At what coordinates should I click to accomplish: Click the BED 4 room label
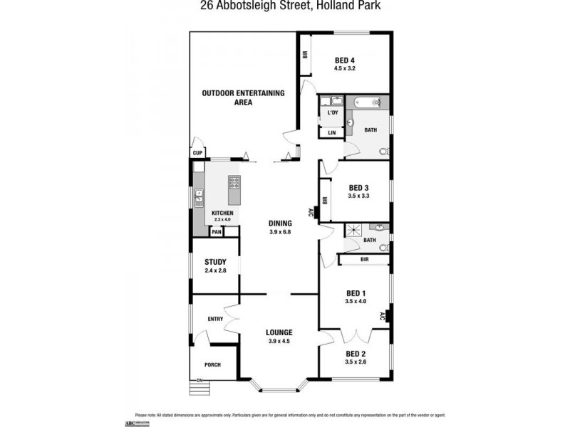click(x=345, y=60)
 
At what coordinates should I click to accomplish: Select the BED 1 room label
click(x=356, y=293)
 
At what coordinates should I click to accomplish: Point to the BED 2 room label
click(x=356, y=354)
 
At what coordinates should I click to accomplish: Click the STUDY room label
click(x=215, y=262)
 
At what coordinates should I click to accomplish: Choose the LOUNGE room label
click(x=280, y=332)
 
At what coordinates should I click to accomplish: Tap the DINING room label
click(x=280, y=223)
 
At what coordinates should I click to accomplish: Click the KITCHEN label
click(x=222, y=213)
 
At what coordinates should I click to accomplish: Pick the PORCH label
click(x=212, y=365)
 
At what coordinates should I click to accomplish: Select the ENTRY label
click(x=215, y=319)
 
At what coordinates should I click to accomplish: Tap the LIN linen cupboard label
click(x=332, y=133)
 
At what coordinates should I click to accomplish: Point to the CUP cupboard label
click(x=197, y=153)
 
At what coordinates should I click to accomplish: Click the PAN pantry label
click(x=216, y=232)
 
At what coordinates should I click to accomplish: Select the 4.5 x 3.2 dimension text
click(x=345, y=68)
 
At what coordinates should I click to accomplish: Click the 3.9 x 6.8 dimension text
click(x=280, y=232)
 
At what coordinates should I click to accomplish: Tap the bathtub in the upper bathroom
click(x=368, y=102)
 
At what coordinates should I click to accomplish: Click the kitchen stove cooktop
click(x=235, y=189)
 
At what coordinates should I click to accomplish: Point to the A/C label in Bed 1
click(x=382, y=317)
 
